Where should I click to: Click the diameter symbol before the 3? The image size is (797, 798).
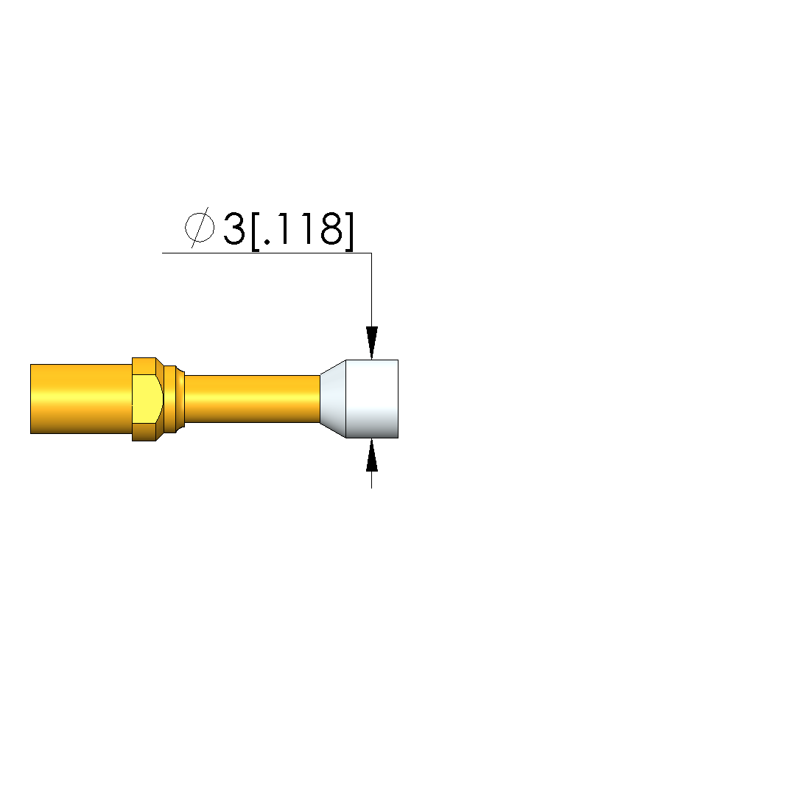point(200,228)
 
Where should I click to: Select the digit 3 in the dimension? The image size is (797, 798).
point(234,229)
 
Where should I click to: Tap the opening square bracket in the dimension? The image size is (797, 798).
point(256,231)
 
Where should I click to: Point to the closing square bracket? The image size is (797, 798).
point(348,231)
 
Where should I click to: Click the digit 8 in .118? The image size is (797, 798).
point(331,229)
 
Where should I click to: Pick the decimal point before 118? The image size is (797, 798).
point(268,242)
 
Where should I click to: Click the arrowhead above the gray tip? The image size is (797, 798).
point(372,343)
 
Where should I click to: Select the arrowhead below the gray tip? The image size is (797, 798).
point(372,455)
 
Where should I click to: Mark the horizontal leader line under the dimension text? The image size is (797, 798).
point(267,253)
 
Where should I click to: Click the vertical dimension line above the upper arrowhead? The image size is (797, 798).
point(371,290)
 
